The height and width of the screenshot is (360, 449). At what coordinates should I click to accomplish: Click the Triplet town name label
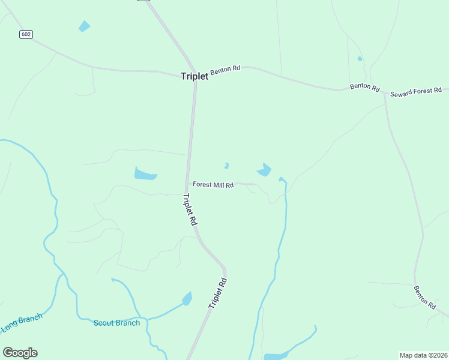click(194, 76)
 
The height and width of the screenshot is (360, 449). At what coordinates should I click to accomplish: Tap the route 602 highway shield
click(25, 34)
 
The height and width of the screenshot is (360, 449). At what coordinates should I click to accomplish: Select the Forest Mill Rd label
click(213, 185)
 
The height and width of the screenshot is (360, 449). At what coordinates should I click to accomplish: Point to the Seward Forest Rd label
click(416, 92)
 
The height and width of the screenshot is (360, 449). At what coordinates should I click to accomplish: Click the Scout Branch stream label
click(116, 323)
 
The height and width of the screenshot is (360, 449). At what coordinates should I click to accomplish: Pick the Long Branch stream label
click(19, 323)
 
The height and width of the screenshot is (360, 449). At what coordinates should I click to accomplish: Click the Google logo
click(20, 352)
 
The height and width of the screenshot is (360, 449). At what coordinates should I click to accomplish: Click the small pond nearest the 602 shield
click(84, 26)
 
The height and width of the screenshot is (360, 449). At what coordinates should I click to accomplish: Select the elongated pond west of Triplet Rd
click(145, 175)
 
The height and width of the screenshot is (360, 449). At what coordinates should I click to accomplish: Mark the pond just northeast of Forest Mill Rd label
click(264, 170)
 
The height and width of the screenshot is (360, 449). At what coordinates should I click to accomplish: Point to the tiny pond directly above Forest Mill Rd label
click(226, 166)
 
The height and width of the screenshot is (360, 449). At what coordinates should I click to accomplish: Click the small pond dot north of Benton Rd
click(360, 59)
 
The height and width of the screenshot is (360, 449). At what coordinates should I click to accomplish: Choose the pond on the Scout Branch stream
click(187, 298)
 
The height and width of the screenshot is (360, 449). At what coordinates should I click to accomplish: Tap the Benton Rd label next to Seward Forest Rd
click(365, 87)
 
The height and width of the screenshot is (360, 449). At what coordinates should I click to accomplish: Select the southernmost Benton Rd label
click(424, 297)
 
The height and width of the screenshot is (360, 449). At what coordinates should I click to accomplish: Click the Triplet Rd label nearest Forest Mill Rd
click(190, 209)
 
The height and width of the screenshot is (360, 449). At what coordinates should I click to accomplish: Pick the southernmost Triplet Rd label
click(218, 293)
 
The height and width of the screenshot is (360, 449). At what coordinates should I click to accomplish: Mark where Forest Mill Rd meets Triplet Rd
click(189, 182)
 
